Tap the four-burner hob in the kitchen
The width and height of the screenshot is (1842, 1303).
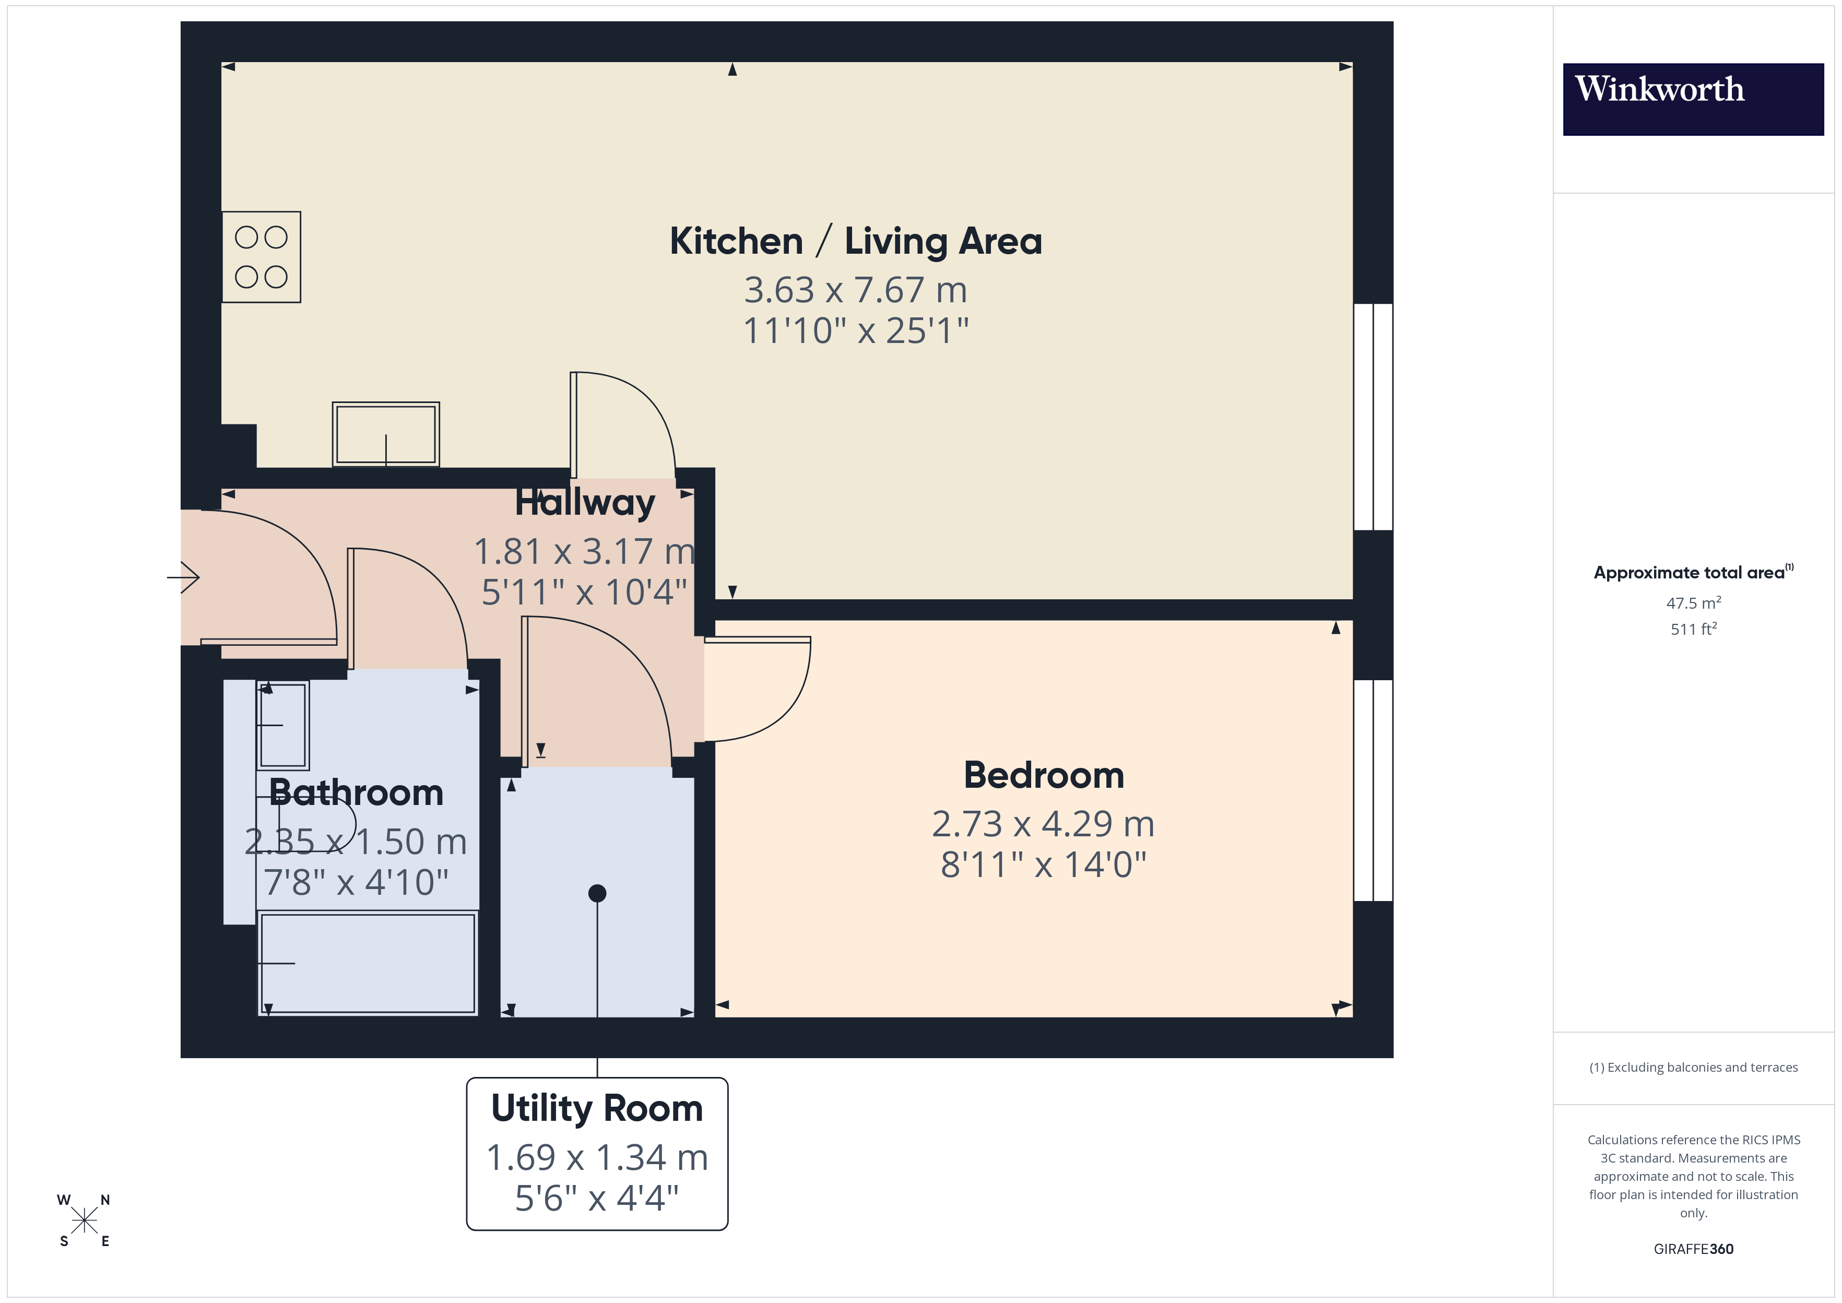[x=262, y=257]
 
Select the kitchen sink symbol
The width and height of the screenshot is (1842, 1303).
[x=386, y=434]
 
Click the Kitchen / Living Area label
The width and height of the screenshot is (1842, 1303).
[x=855, y=241]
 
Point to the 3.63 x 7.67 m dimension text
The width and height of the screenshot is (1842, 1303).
[x=855, y=290]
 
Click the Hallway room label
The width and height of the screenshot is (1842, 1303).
[x=585, y=502]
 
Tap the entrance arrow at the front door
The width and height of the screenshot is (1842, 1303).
[x=184, y=577]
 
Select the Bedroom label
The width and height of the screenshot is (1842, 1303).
[x=1043, y=775]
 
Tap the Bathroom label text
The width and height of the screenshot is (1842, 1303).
[x=356, y=793]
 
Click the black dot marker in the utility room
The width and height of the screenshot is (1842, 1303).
[x=597, y=893]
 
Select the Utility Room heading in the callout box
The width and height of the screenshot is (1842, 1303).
[x=597, y=1108]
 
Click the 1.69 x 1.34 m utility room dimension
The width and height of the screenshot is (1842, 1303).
[x=597, y=1157]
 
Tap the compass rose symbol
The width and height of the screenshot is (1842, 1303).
[x=84, y=1221]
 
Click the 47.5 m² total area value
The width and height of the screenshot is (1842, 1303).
[x=1693, y=602]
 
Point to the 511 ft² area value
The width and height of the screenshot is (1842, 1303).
[x=1693, y=629]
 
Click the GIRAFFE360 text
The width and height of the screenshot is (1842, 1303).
[x=1693, y=1249]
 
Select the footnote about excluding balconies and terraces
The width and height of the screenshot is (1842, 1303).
[x=1693, y=1067]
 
